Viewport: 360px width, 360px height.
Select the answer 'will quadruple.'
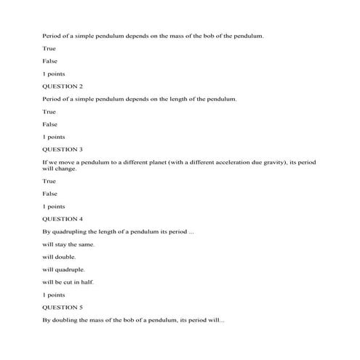64,269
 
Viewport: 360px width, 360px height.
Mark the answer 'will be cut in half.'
68,281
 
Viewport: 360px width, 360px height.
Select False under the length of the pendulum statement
49,124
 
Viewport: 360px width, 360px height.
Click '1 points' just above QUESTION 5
54,295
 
